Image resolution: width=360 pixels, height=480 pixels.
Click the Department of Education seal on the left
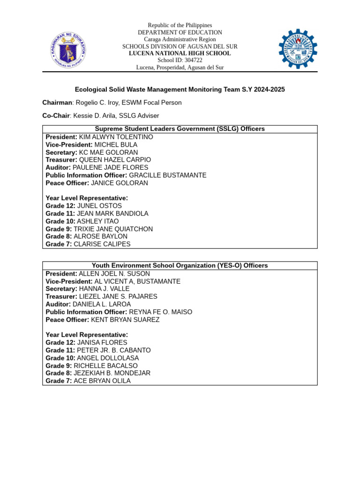(x=68, y=49)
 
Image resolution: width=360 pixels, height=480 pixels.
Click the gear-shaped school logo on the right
(x=298, y=49)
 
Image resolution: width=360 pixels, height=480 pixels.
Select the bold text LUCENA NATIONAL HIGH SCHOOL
(x=180, y=53)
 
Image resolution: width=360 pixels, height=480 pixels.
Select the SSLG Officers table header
(x=180, y=129)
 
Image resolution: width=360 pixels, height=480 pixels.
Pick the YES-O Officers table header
(x=180, y=266)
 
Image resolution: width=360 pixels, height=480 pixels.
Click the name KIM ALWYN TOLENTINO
(x=116, y=137)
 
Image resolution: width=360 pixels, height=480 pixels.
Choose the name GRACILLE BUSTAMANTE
(x=167, y=175)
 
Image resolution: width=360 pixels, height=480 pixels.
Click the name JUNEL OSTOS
(x=99, y=206)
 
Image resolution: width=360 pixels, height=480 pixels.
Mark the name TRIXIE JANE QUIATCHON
(x=113, y=229)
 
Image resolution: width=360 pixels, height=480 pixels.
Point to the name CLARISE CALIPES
(x=102, y=244)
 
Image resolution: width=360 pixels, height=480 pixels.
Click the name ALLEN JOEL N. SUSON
(x=114, y=274)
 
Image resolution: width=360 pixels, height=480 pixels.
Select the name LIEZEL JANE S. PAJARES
(x=118, y=297)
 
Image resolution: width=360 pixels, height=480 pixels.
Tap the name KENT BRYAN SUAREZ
(x=125, y=320)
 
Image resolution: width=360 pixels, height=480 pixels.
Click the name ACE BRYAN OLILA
(x=102, y=381)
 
